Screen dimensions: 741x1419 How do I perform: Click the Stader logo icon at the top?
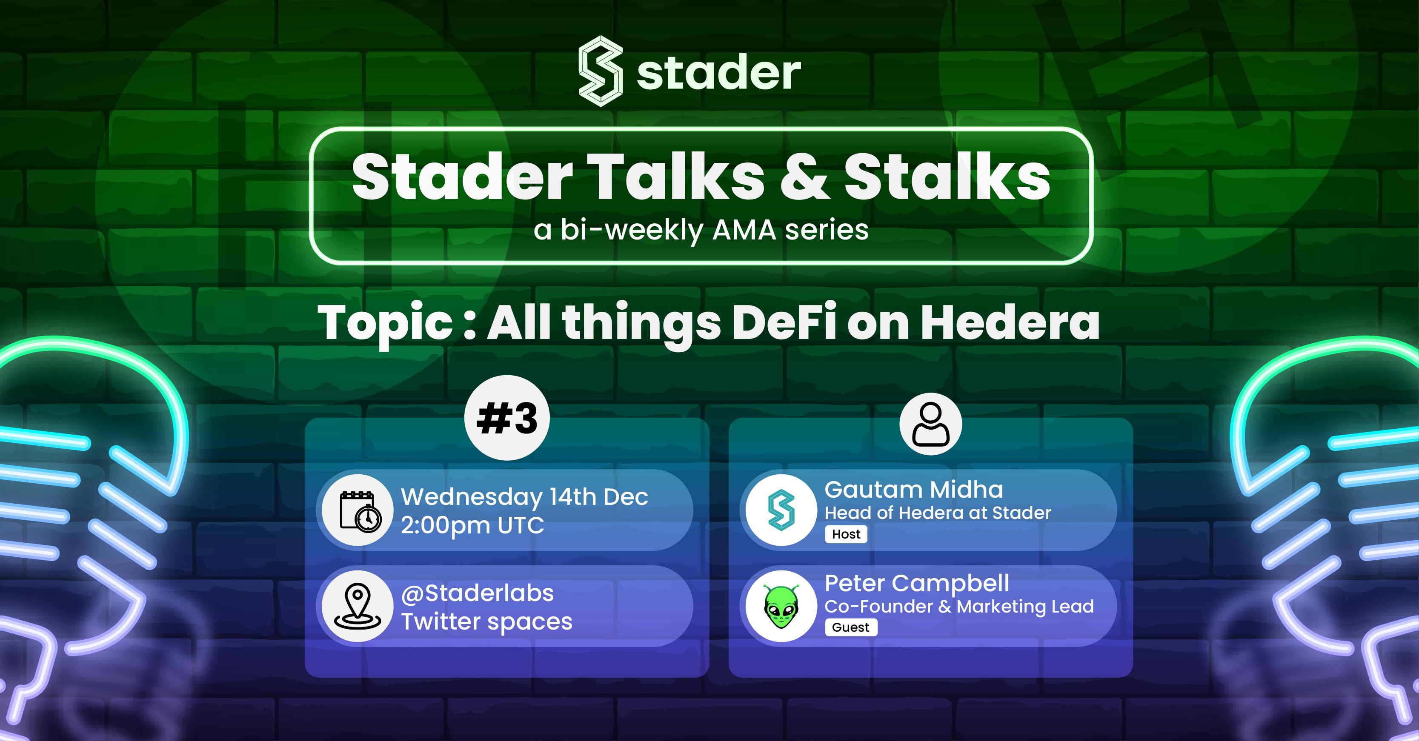[x=601, y=71]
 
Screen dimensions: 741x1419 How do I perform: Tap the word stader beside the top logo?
[x=719, y=73]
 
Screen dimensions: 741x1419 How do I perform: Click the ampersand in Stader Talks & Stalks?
[x=804, y=177]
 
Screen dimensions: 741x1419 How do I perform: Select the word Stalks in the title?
[x=947, y=177]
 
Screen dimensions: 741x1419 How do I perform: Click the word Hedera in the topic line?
[x=1010, y=323]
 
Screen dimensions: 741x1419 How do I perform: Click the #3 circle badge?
[x=507, y=419]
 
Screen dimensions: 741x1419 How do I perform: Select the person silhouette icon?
[x=930, y=424]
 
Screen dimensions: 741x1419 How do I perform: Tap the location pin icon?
[x=358, y=606]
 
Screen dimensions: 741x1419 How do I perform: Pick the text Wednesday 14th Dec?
[x=524, y=497]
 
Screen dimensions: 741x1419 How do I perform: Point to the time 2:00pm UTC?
[x=472, y=526]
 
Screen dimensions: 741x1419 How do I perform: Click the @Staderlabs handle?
[x=477, y=593]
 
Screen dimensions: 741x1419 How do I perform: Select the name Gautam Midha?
[x=913, y=490]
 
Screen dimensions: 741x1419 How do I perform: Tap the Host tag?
[x=846, y=534]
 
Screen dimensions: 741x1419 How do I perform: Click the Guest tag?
[x=850, y=627]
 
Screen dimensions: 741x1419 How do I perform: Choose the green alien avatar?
[x=781, y=606]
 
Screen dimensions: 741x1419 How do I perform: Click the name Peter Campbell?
[x=917, y=584]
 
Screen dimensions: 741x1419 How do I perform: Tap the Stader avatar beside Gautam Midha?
[x=781, y=510]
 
